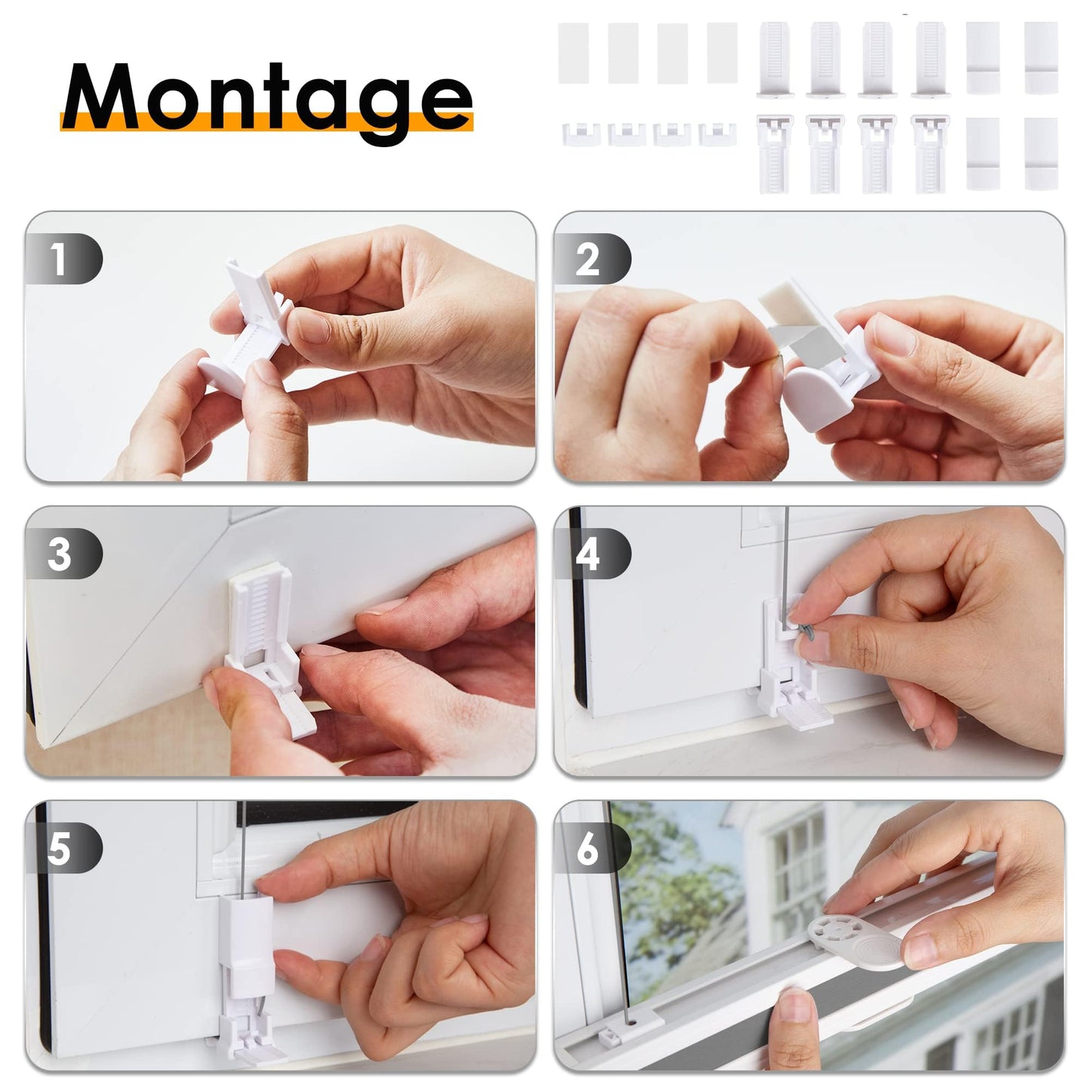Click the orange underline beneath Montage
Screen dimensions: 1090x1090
267,121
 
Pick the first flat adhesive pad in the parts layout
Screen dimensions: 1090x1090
573,53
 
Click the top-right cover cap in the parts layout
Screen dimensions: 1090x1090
1041,57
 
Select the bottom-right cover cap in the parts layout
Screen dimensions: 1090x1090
1041,154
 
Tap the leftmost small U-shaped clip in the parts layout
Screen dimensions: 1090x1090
580,134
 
